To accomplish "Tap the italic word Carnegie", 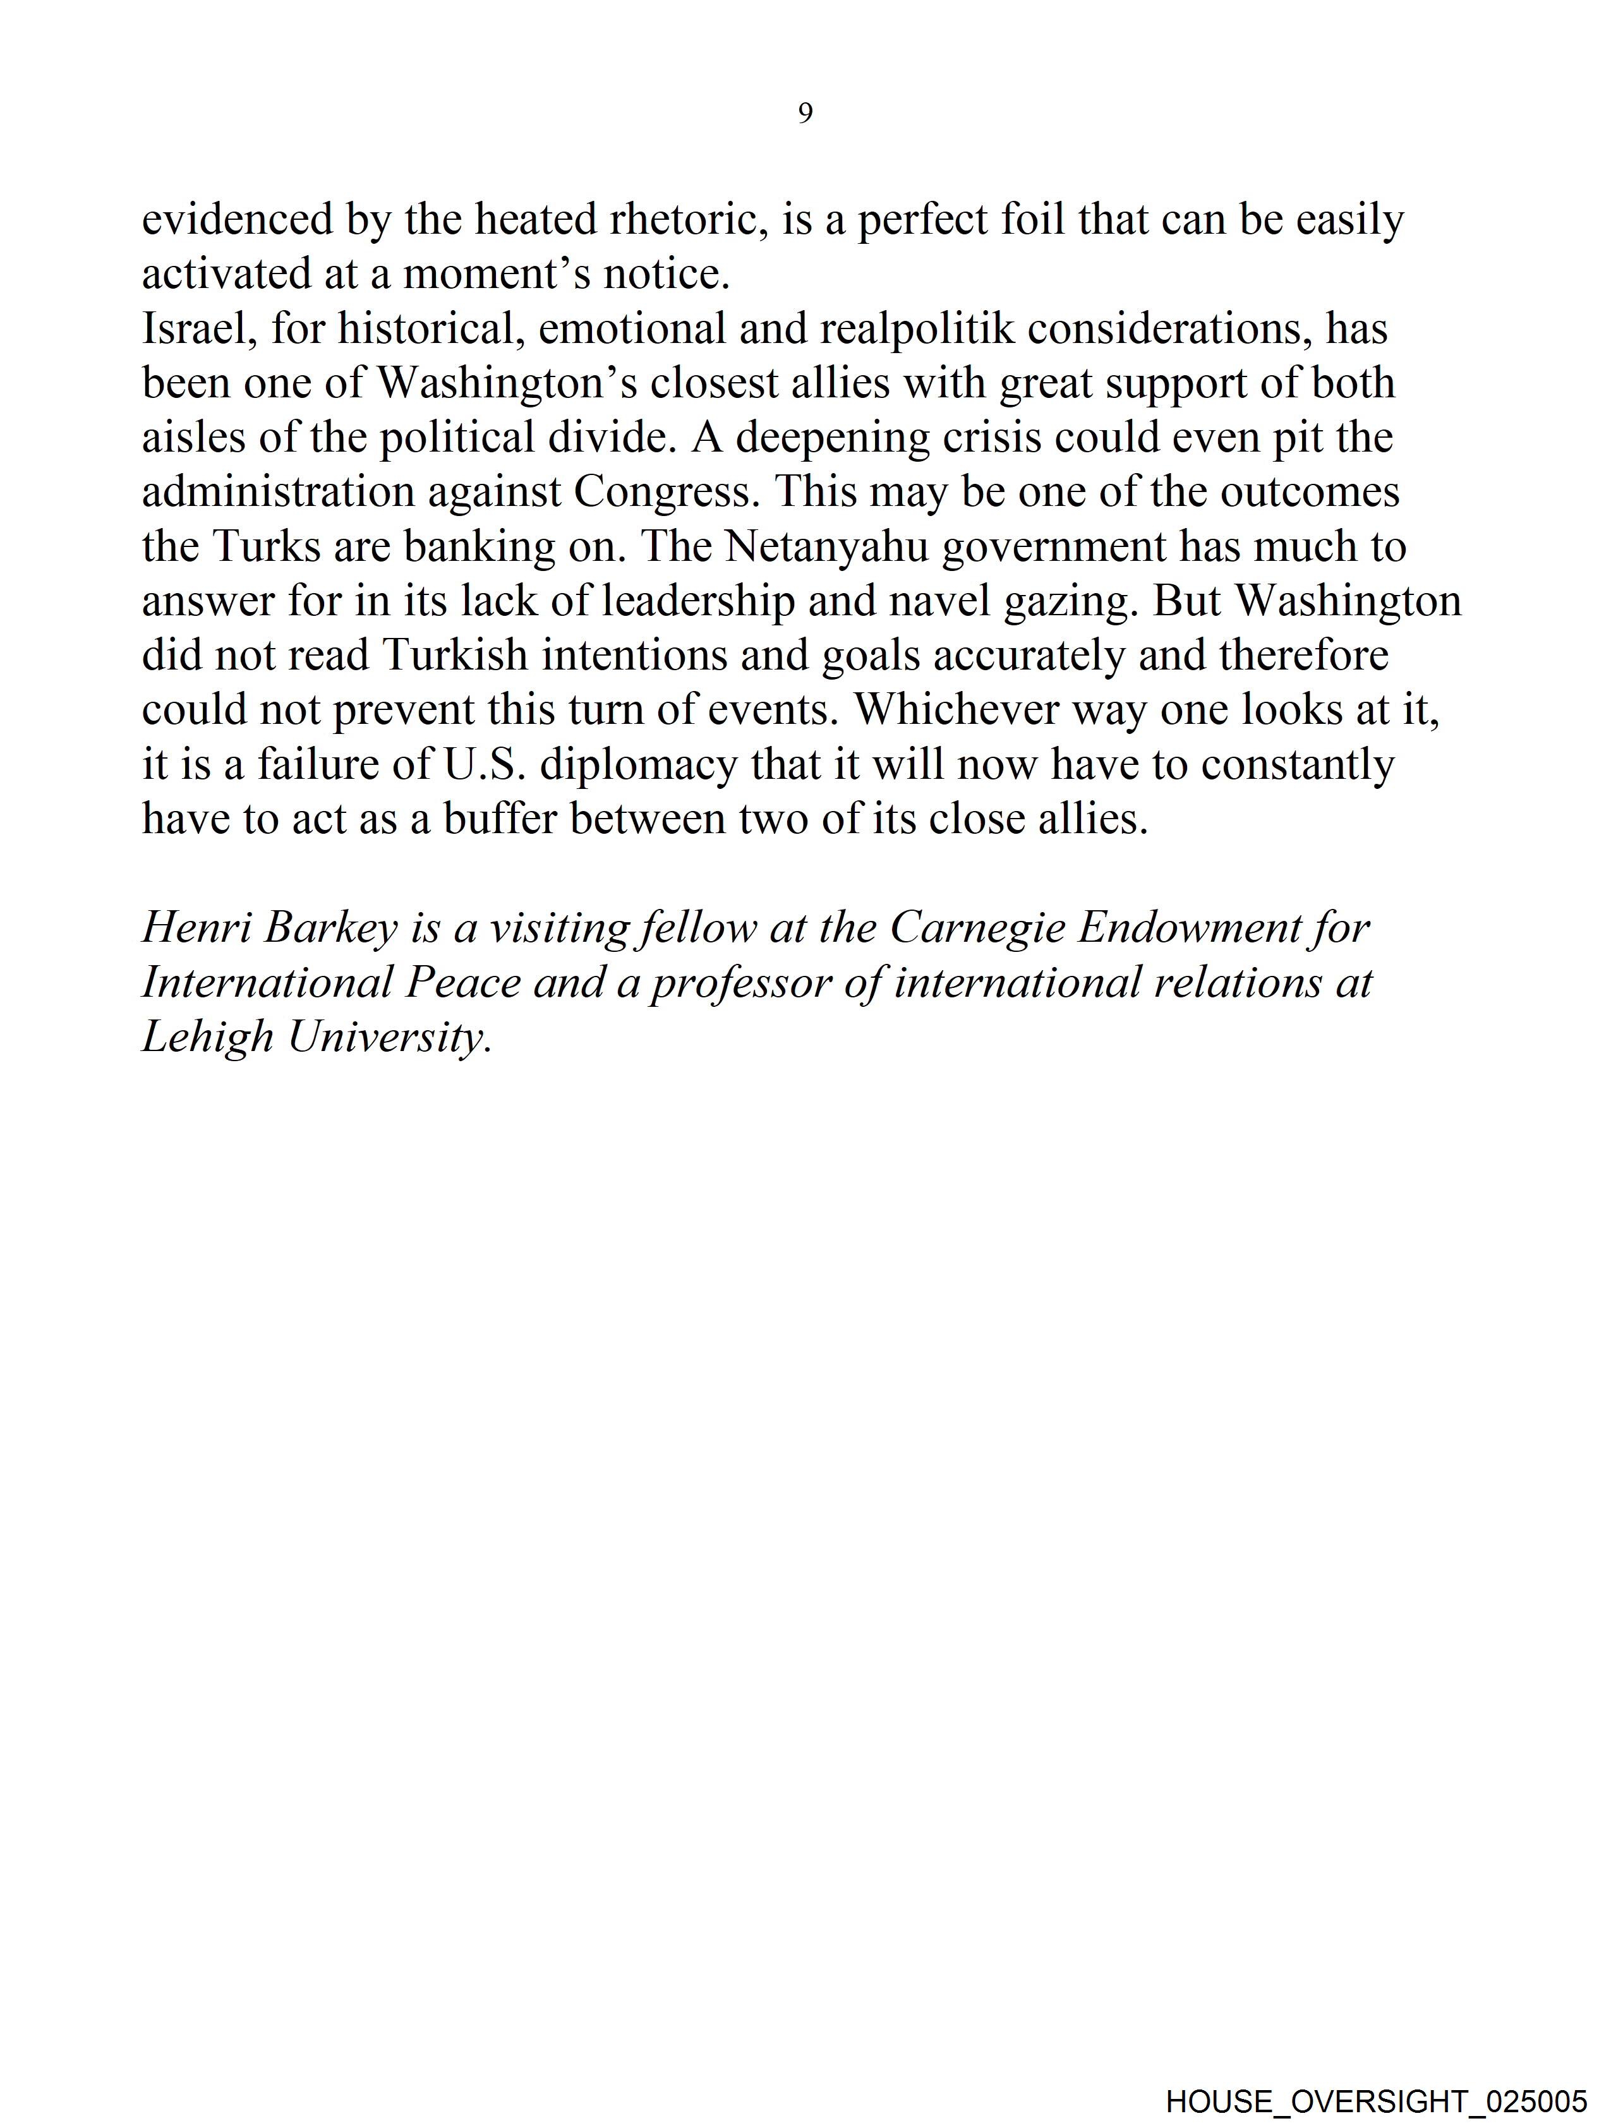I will [x=977, y=929].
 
